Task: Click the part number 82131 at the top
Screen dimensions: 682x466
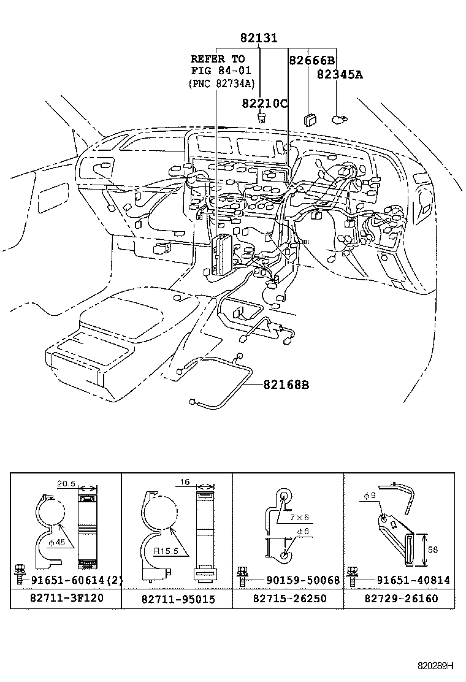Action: pos(258,38)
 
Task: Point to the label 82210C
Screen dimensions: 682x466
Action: pos(264,102)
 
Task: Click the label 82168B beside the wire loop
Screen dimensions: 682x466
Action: pos(286,385)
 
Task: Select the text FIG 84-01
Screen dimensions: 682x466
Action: pos(221,71)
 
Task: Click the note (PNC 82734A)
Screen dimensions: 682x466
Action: pos(221,83)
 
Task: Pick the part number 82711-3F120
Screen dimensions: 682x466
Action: pos(65,598)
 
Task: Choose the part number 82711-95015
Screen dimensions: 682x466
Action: pos(177,599)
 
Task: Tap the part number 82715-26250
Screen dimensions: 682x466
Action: pos(288,598)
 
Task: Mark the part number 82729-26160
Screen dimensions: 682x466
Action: pos(400,598)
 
